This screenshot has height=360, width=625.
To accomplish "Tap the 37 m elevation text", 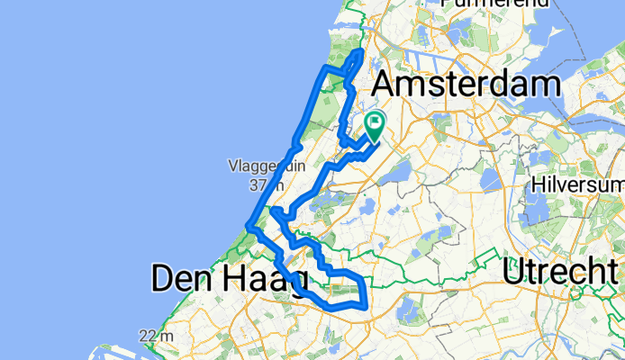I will [260, 185].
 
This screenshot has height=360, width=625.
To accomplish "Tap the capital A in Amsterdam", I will [385, 87].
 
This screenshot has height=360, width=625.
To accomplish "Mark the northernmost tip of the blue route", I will [361, 53].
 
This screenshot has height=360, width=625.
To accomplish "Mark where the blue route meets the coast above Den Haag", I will [249, 225].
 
